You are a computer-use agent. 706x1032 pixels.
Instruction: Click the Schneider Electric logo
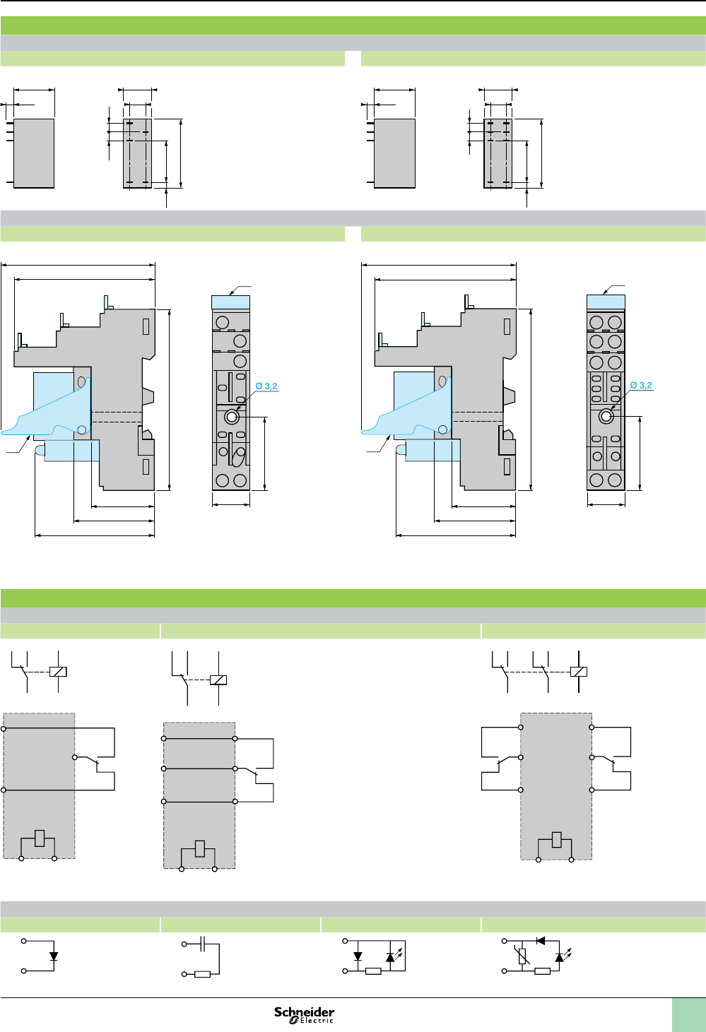[x=304, y=1014]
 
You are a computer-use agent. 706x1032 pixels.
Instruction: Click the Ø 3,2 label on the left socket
[x=266, y=386]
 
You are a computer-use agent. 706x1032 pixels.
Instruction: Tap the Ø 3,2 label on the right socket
[x=641, y=386]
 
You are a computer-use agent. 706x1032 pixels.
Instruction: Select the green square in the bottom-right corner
[x=688, y=1014]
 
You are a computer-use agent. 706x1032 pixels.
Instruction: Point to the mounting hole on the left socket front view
[x=232, y=417]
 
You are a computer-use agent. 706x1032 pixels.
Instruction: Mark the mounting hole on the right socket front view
[x=606, y=416]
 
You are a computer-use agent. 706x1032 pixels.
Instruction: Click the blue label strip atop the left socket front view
[x=231, y=302]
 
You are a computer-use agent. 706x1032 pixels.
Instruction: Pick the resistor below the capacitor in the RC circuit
[x=202, y=974]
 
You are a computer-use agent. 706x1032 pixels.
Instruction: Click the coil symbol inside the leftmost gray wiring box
[x=40, y=838]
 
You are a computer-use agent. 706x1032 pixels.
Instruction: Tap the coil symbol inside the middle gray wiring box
[x=200, y=848]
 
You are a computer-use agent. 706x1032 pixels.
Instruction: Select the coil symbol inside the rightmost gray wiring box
[x=557, y=839]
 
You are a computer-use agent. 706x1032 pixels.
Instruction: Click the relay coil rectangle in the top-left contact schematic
[x=58, y=671]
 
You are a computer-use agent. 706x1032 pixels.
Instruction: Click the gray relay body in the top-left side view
[x=34, y=153]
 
